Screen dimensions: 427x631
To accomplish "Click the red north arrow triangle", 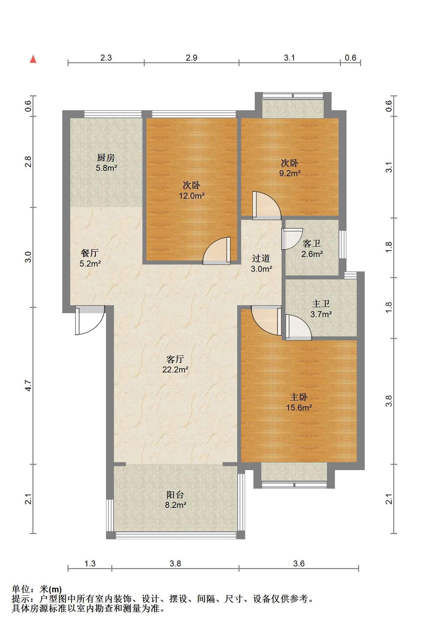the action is tap(33, 59).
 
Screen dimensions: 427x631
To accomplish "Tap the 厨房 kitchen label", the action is tap(106, 157).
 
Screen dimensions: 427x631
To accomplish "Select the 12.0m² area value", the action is tap(191, 196).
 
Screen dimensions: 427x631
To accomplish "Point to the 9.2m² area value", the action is tap(290, 173).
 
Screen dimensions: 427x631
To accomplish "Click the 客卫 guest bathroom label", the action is tap(312, 244).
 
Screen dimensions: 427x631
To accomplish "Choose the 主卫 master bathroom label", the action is tap(321, 304).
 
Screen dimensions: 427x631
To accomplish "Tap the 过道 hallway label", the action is tap(261, 258).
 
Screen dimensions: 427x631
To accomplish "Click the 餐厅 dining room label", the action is tap(90, 253).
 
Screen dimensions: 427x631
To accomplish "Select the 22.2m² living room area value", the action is tap(175, 369).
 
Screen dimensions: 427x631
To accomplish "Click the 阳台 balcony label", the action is tap(175, 495).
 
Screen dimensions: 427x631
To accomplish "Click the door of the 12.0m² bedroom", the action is tap(217, 251).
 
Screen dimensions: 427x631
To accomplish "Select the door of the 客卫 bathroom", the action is tap(292, 239).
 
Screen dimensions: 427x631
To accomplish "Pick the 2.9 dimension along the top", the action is tap(191, 58).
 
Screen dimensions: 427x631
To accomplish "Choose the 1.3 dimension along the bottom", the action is tap(90, 563).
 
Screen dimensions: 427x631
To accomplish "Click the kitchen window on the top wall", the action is tap(113, 114).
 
